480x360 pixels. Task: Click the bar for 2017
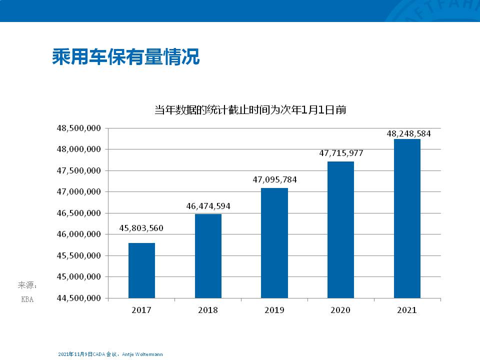pos(141,270)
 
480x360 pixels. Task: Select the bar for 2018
pos(208,256)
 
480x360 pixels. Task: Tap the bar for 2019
pos(274,243)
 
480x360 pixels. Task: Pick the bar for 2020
pos(340,229)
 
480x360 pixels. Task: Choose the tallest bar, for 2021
pos(407,218)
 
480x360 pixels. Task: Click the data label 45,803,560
pos(141,228)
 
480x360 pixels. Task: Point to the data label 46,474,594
pos(208,205)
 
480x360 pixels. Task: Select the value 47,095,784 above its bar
pos(274,179)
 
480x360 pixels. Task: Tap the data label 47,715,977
pos(341,153)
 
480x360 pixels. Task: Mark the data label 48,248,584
pos(408,134)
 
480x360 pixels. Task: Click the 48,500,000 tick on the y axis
pos(79,128)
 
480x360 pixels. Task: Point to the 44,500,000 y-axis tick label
pos(79,298)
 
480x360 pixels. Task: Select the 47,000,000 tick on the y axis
pos(79,192)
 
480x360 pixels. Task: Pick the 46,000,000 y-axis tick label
pos(79,234)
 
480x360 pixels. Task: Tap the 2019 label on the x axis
pos(274,310)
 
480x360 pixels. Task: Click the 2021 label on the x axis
pos(407,310)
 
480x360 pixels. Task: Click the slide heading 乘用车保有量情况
pos(126,57)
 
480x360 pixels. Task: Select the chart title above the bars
pos(250,110)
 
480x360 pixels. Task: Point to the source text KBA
pos(27,300)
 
